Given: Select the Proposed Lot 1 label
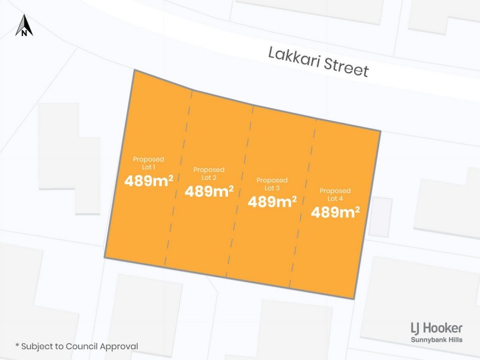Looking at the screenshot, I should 148,163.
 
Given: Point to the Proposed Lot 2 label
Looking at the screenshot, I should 209,173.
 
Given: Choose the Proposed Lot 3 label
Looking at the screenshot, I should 272,184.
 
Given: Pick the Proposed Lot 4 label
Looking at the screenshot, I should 335,194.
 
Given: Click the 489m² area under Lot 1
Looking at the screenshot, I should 149,181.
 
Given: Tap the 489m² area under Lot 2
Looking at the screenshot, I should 209,191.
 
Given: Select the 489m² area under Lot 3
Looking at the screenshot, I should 272,202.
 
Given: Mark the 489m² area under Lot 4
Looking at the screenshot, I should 335,212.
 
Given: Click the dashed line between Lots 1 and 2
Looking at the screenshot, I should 179,180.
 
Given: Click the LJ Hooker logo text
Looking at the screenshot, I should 436,328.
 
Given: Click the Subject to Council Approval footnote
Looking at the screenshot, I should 77,346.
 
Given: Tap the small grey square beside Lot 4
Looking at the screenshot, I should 380,216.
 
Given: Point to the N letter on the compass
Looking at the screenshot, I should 24,34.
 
